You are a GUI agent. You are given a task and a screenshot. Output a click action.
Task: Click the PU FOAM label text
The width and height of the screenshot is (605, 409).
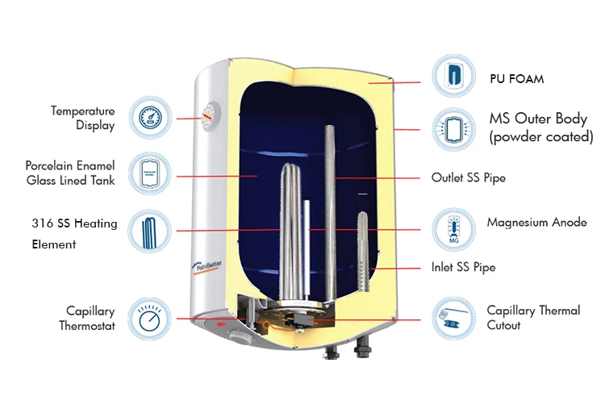pyautogui.click(x=516, y=79)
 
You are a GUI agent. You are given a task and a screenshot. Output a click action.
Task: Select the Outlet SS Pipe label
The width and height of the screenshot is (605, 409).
pyautogui.click(x=469, y=177)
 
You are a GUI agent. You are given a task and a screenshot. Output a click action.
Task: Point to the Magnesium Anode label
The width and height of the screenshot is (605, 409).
pyautogui.click(x=536, y=222)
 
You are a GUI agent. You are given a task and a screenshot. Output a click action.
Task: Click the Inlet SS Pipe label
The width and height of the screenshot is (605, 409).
pyautogui.click(x=463, y=267)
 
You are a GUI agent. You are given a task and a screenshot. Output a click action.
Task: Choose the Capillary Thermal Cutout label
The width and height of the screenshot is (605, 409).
pyautogui.click(x=533, y=318)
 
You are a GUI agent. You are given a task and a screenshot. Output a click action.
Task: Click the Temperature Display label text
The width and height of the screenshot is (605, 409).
pyautogui.click(x=83, y=118)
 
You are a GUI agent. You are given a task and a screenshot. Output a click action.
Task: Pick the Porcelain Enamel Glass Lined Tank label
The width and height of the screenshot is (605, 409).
pyautogui.click(x=70, y=173)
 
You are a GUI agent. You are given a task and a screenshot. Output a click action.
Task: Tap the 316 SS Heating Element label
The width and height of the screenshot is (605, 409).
pyautogui.click(x=75, y=233)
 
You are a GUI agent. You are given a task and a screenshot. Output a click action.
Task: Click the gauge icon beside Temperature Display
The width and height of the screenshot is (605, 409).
pyautogui.click(x=150, y=118)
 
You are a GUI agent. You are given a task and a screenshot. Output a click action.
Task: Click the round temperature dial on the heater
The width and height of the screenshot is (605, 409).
pyautogui.click(x=211, y=115)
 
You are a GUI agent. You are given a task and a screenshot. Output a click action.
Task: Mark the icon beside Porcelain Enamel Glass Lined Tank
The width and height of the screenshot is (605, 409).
pyautogui.click(x=150, y=173)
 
